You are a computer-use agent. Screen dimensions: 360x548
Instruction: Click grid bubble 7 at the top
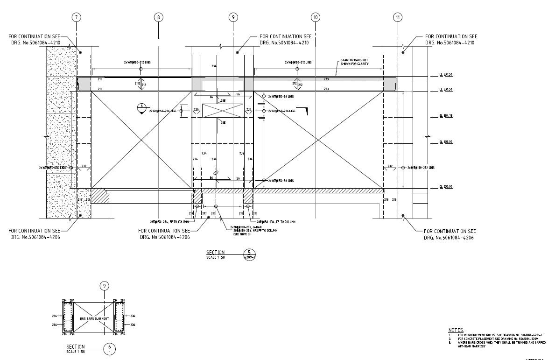77,18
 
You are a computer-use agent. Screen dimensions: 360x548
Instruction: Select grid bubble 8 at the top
159,18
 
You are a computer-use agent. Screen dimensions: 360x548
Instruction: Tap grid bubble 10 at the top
316,18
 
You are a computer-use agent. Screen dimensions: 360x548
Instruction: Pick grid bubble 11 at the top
398,18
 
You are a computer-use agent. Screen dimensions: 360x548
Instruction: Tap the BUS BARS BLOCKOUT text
94,318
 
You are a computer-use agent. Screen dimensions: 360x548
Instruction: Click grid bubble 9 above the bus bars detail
105,286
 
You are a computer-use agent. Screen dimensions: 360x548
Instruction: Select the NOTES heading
456,330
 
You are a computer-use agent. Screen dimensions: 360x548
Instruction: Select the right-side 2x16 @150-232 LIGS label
421,167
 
